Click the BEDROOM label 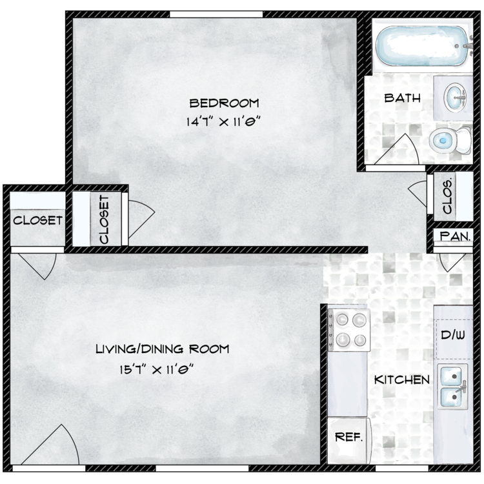tap(224, 103)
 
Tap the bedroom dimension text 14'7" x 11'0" tap(221, 121)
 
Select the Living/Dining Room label tap(163, 349)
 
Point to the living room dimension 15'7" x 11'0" tap(157, 369)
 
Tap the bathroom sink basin tap(455, 98)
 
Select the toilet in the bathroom tap(450, 141)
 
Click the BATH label tap(402, 98)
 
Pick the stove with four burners tap(349, 330)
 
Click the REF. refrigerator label tap(348, 437)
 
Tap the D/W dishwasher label tap(453, 335)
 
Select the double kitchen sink tap(452, 387)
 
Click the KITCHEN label tap(402, 379)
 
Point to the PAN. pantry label tap(455, 236)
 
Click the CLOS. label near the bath tap(448, 196)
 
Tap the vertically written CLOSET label tap(105, 219)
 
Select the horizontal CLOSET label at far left tap(37, 221)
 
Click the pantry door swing tap(452, 263)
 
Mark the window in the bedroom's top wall tap(216, 14)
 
